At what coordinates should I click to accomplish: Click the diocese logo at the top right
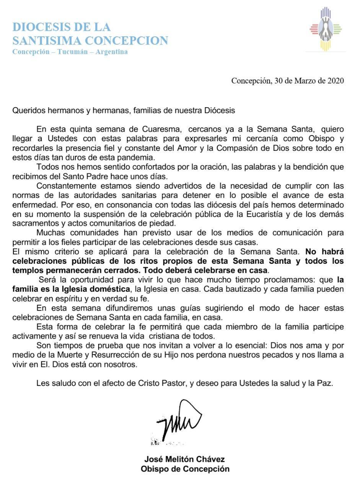click(326, 29)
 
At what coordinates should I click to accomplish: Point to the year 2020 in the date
click(336, 81)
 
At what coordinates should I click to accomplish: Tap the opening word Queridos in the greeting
click(27, 110)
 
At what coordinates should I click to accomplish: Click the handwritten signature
click(178, 421)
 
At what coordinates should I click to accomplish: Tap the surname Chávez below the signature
click(210, 459)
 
